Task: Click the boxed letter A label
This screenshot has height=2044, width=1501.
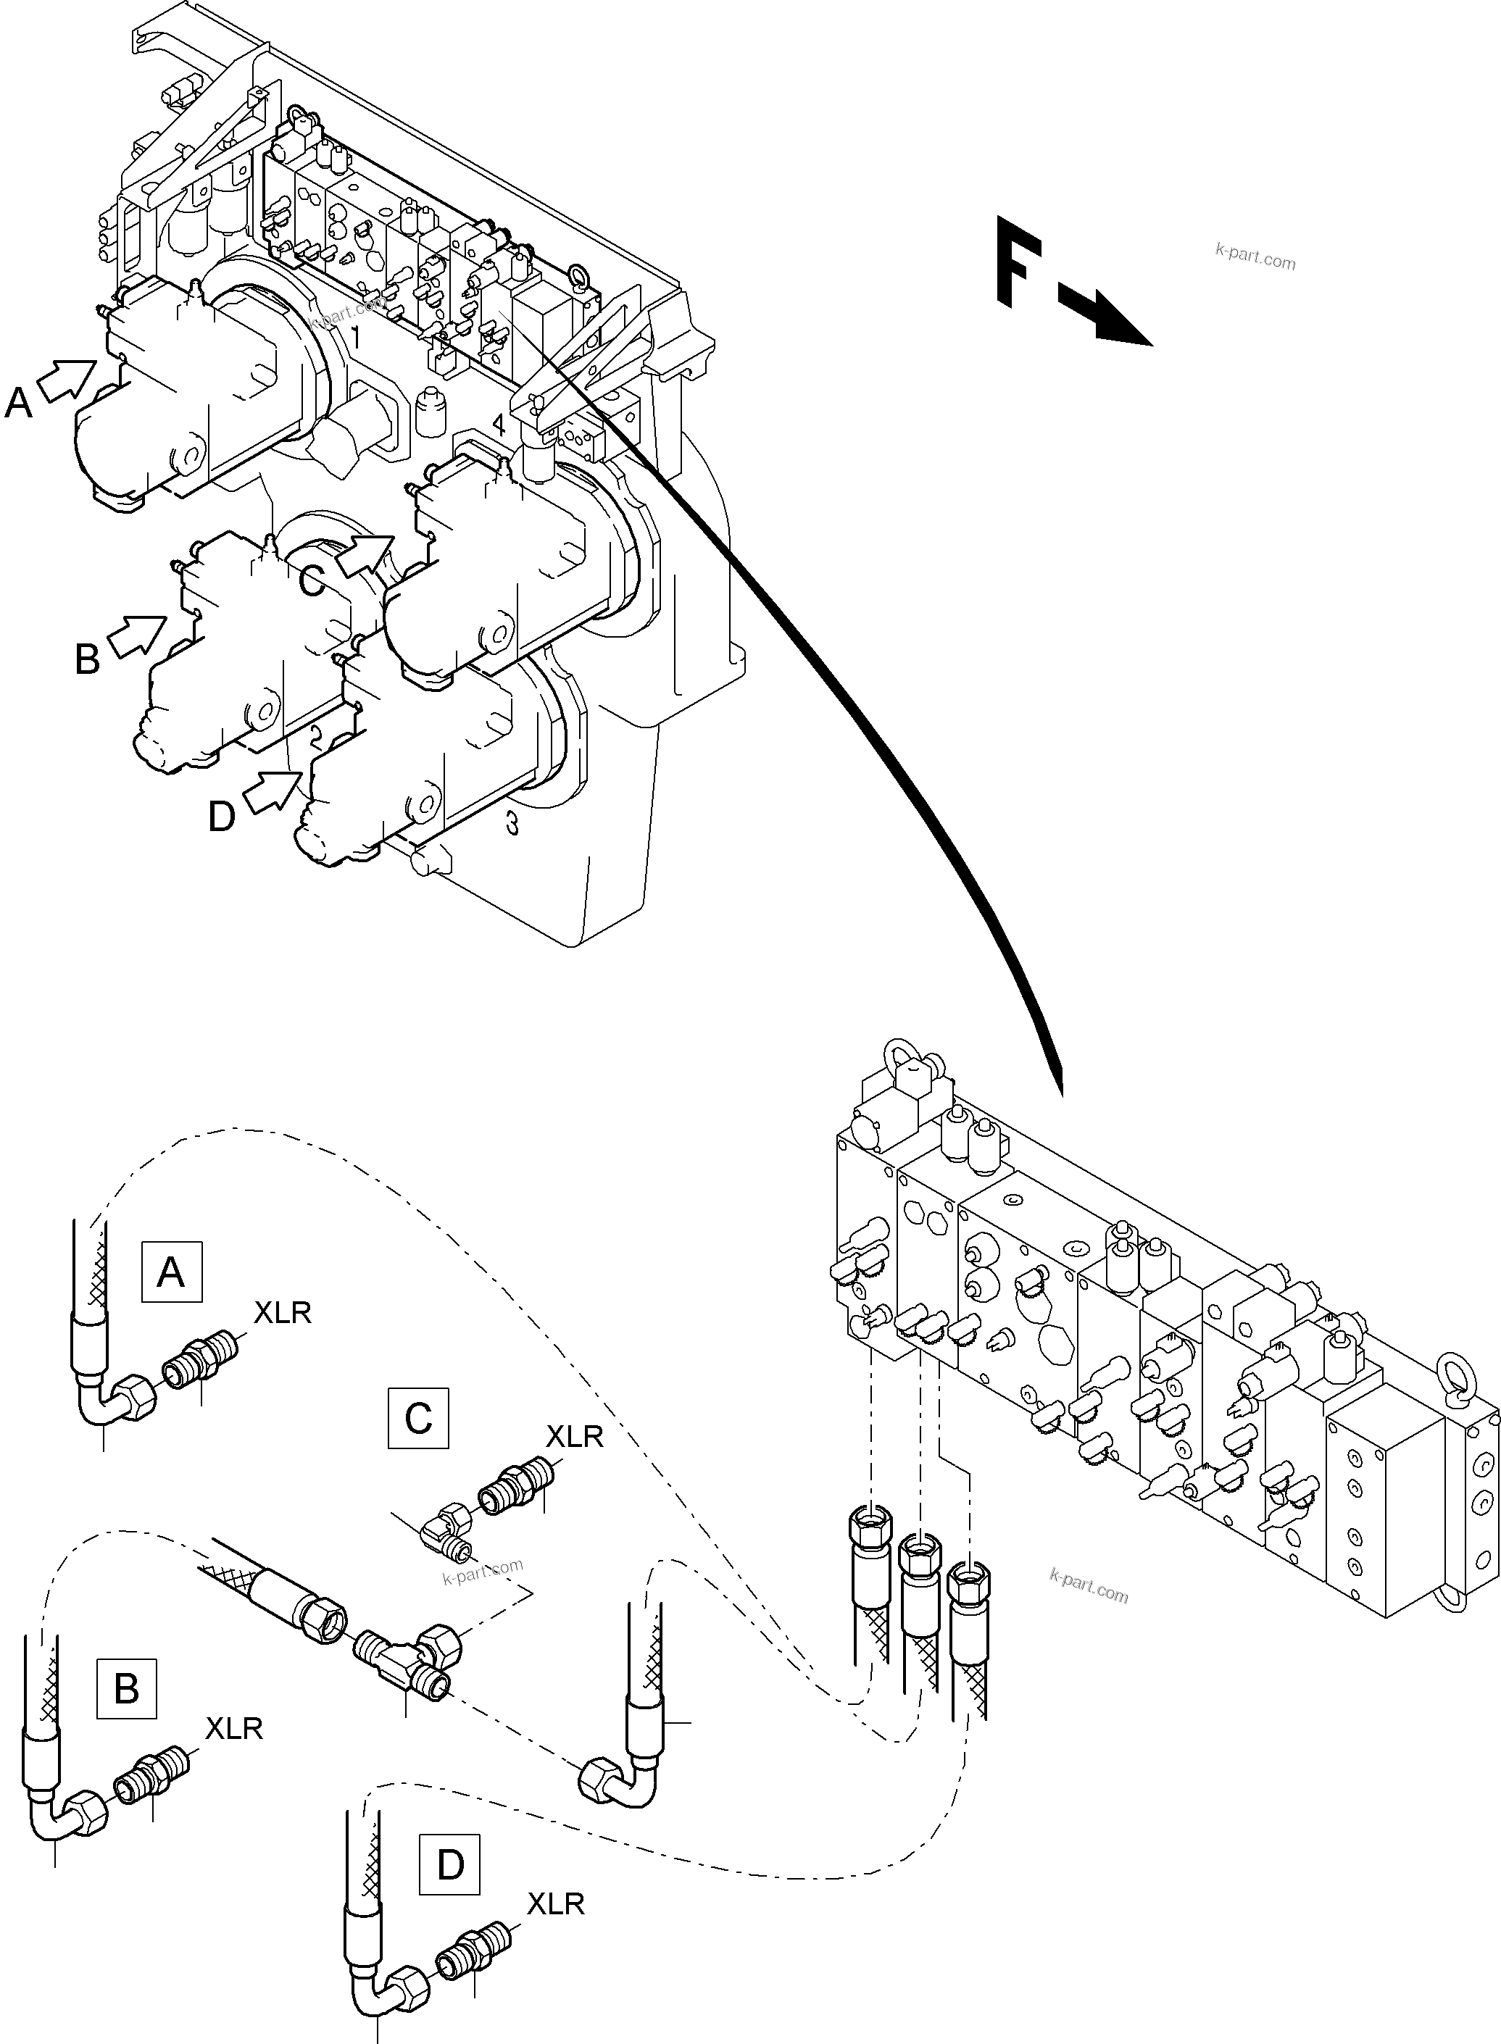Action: coord(172,1272)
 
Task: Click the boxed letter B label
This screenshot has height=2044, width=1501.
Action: coord(126,1688)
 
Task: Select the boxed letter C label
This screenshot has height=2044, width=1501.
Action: coord(418,1417)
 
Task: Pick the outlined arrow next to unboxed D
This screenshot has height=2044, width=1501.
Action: coord(273,791)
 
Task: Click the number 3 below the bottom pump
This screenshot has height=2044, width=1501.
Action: coord(512,824)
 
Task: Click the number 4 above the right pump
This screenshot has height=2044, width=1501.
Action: coord(498,425)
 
